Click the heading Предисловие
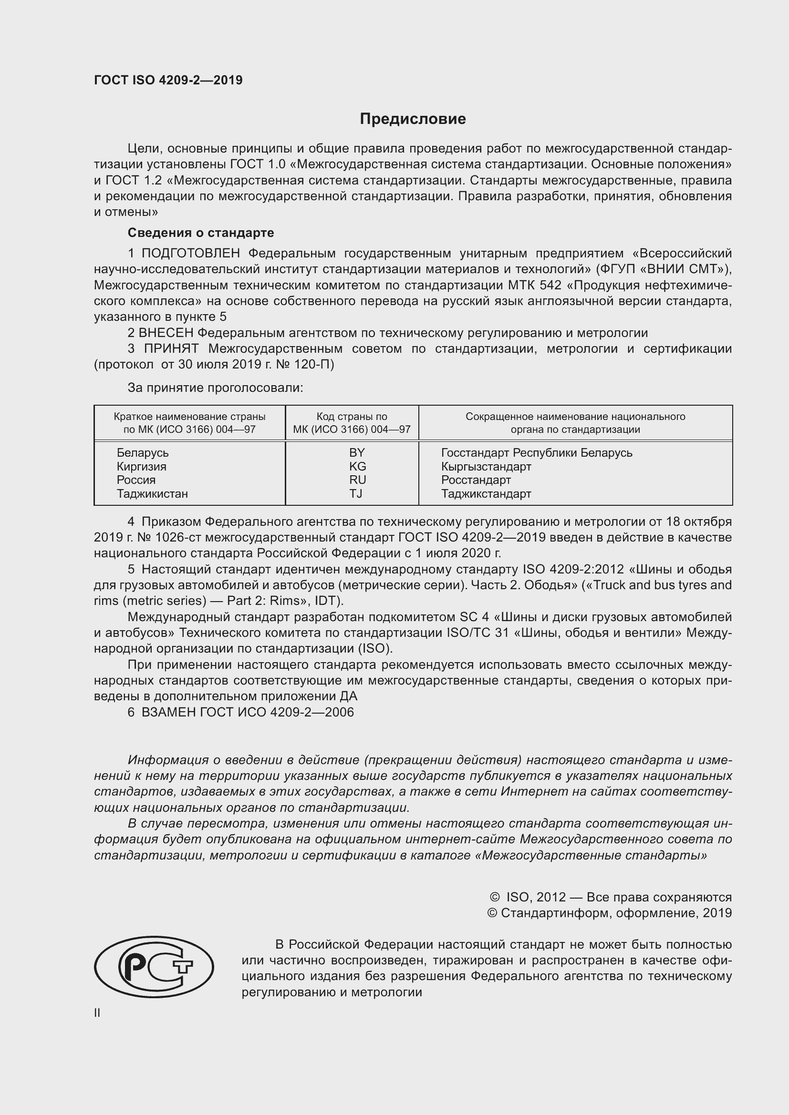(413, 119)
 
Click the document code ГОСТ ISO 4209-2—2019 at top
(168, 80)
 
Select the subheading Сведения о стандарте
(201, 233)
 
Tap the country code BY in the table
(357, 452)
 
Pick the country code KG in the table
(357, 466)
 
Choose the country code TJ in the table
(356, 494)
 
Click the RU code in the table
(357, 480)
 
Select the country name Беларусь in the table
(142, 452)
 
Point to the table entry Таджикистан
(152, 494)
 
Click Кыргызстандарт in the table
(486, 467)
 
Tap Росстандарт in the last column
(476, 481)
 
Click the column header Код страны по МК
(352, 423)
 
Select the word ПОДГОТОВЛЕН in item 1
(190, 254)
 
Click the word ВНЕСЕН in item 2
(166, 333)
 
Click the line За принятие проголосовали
(215, 388)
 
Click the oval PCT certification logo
(154, 966)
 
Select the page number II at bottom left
(97, 1013)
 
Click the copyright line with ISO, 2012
(611, 897)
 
